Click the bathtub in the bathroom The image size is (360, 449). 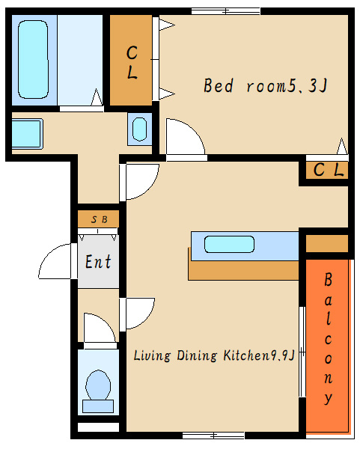coord(33,60)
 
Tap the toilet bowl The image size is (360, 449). coord(98,385)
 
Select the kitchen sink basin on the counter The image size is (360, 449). coord(229,244)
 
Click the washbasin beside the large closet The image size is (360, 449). coord(140,129)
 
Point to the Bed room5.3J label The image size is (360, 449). coord(265,85)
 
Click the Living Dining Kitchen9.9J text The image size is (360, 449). coord(214,355)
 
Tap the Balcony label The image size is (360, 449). coord(329,338)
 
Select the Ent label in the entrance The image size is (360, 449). coord(98,261)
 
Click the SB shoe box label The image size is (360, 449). coord(99,219)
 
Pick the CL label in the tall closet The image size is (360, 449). coord(132,62)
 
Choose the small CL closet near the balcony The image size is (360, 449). coord(327,171)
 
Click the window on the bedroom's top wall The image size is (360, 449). coord(226,11)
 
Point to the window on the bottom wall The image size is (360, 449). coord(213,436)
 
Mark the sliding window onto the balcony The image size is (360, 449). coord(302,352)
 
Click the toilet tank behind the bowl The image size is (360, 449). coord(98,406)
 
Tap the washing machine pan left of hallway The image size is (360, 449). coord(27,134)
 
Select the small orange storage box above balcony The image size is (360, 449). coord(327,243)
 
